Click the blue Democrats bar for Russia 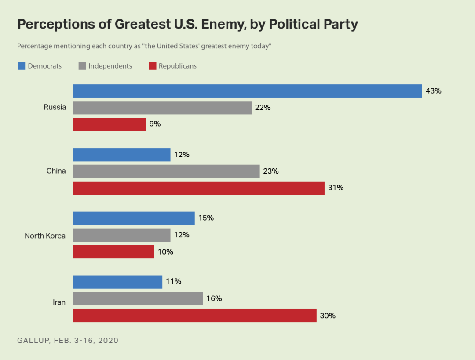click(247, 91)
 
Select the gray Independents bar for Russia click(162, 108)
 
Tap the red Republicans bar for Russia click(109, 124)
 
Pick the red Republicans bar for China click(198, 188)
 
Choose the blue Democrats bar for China click(121, 155)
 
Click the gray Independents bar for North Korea click(121, 235)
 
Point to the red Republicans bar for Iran click(194, 315)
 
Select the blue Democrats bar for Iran click(117, 282)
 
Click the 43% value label click(433, 91)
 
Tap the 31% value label click(336, 188)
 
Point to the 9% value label click(155, 124)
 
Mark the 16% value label click(214, 299)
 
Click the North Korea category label click(45, 236)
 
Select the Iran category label click(59, 302)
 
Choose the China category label click(56, 171)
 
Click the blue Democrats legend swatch click(21, 66)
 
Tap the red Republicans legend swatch click(152, 66)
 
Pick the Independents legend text click(110, 66)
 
